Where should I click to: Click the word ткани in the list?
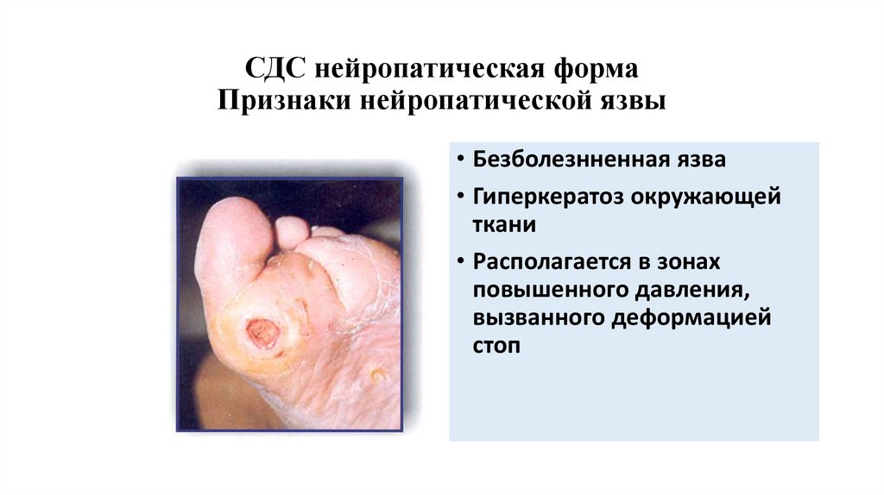coord(503,225)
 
